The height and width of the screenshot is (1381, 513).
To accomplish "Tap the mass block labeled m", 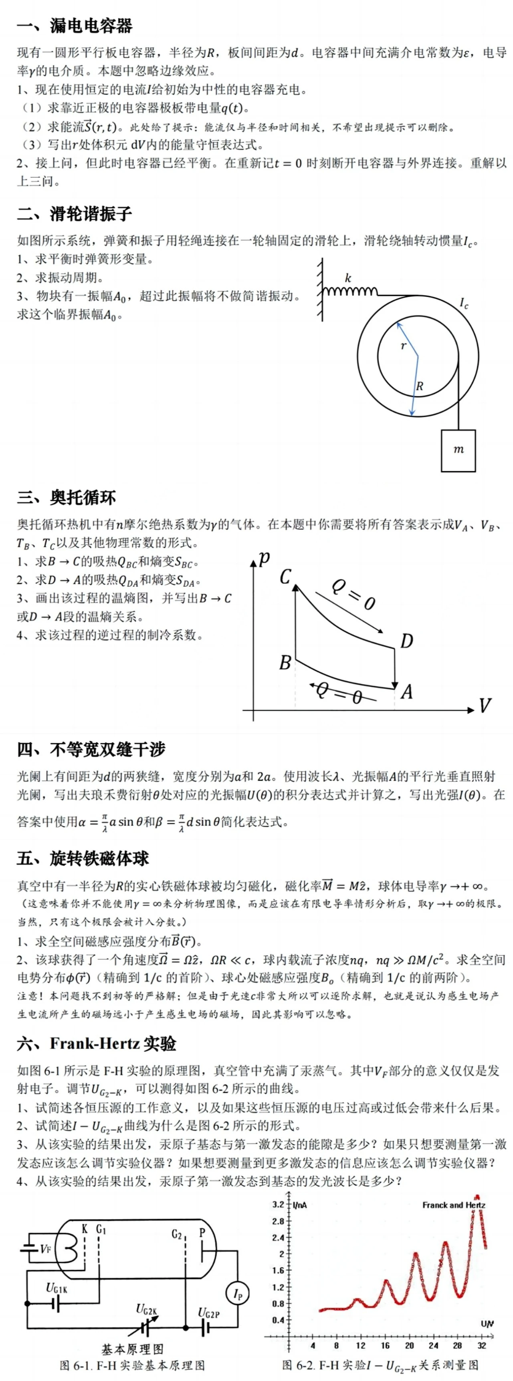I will pyautogui.click(x=458, y=450).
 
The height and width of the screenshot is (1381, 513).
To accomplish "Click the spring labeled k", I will pyautogui.click(x=349, y=291).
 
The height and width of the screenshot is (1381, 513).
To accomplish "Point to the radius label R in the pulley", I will pyautogui.click(x=420, y=386).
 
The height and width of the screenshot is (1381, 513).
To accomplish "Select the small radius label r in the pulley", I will pyautogui.click(x=404, y=346).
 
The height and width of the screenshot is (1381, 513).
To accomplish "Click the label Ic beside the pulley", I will pyautogui.click(x=464, y=304).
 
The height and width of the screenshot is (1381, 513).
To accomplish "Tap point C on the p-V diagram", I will pyautogui.click(x=285, y=577).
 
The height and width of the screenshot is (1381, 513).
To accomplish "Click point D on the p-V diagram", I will pyautogui.click(x=406, y=641).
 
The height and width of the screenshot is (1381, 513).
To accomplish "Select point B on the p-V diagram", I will pyautogui.click(x=285, y=663).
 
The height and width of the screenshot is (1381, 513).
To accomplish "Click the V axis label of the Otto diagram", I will pyautogui.click(x=485, y=706).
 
